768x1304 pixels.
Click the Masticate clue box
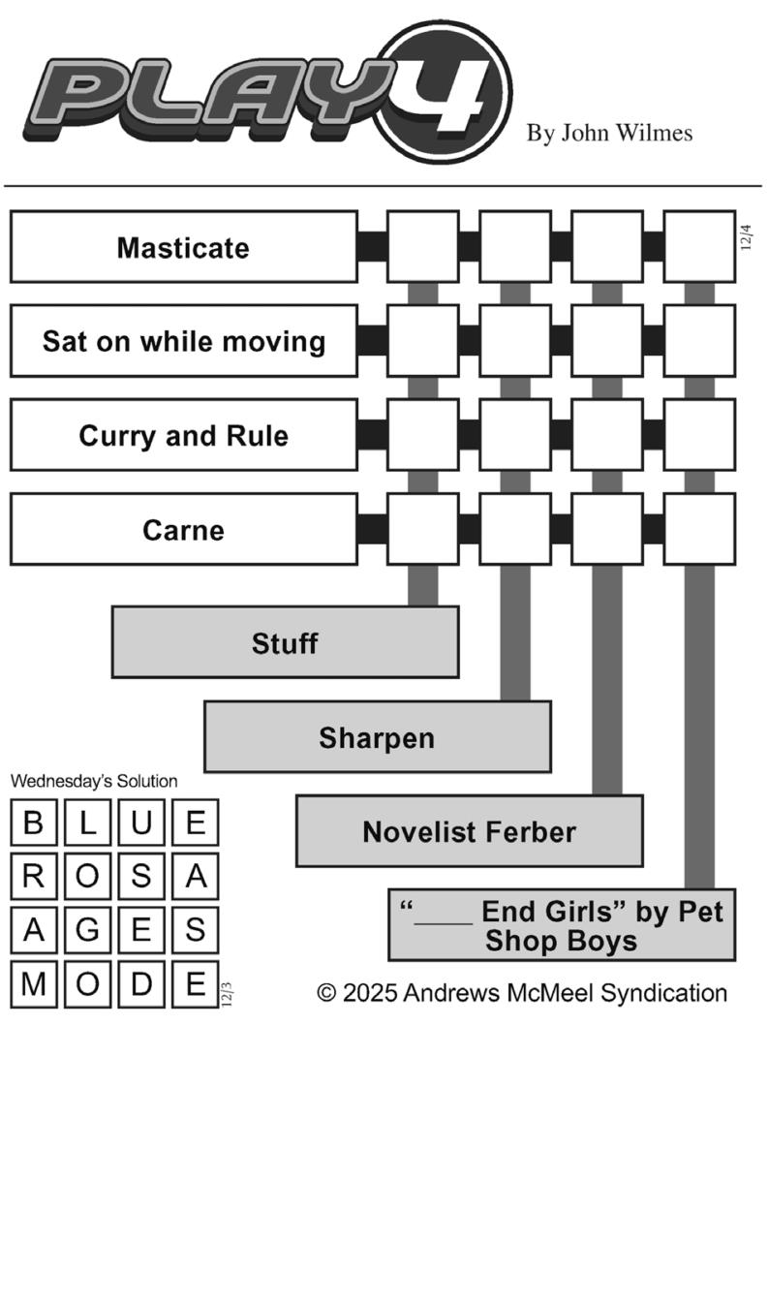(184, 247)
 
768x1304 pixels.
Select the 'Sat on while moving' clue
(184, 341)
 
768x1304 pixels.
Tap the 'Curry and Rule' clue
(184, 435)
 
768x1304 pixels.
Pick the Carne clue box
(184, 530)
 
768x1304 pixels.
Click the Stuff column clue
(285, 642)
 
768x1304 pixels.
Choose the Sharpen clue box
(378, 737)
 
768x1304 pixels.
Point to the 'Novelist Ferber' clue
(470, 831)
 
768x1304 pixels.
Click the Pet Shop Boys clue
(562, 925)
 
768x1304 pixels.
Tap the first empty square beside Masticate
(423, 247)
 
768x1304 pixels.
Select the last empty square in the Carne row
(700, 530)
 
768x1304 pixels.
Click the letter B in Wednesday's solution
(33, 823)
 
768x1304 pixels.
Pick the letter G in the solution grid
(87, 930)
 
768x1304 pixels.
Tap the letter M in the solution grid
(33, 984)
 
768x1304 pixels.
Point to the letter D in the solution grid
(141, 984)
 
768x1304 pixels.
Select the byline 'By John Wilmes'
(610, 134)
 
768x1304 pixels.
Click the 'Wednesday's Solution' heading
(94, 781)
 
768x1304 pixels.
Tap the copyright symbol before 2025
(327, 993)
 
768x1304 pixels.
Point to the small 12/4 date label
(746, 237)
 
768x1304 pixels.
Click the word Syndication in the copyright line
(663, 993)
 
